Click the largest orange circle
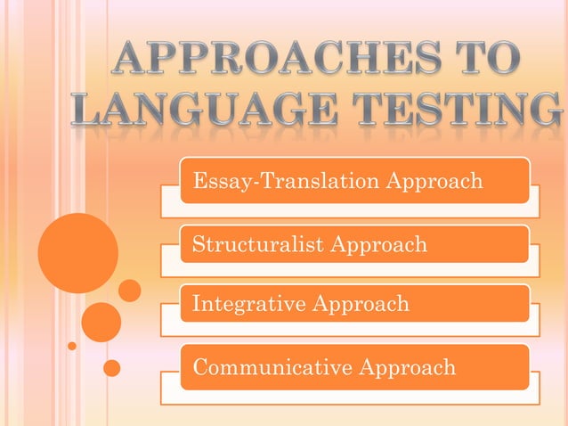tap(78, 253)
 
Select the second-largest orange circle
tap(101, 322)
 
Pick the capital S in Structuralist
tap(199, 244)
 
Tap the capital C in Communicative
tap(200, 366)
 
